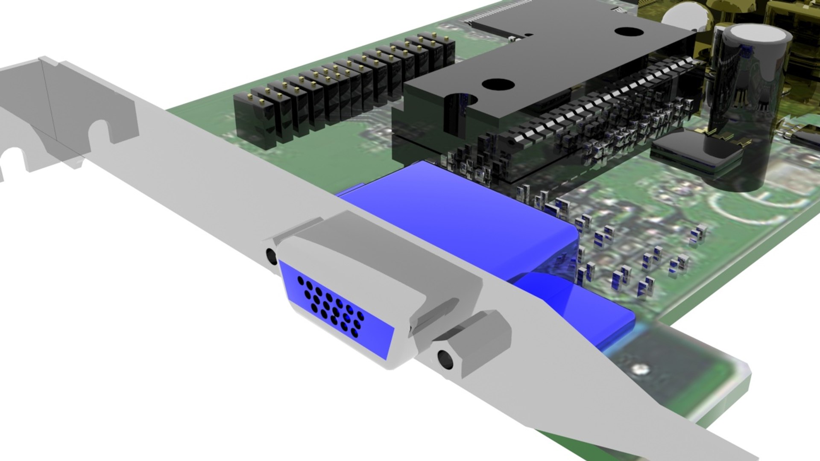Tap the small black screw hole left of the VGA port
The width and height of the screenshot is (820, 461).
tap(271, 256)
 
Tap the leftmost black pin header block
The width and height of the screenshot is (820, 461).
tap(254, 120)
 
